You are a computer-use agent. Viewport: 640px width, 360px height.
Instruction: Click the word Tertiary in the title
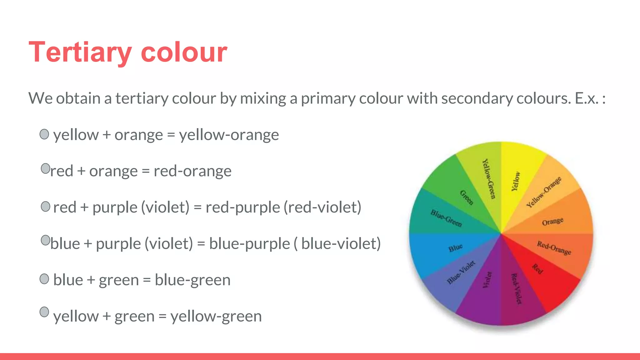[80, 52]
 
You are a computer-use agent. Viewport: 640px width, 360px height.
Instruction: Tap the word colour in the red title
[184, 52]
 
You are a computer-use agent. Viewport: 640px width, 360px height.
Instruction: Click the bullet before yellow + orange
[44, 134]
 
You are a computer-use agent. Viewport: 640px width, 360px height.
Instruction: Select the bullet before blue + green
[44, 279]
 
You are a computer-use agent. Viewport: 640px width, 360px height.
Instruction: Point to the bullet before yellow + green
[44, 312]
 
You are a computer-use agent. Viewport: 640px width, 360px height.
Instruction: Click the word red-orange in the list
[192, 171]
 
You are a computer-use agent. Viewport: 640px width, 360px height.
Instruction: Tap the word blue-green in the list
[192, 280]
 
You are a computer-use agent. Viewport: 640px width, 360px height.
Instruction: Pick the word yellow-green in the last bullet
[216, 316]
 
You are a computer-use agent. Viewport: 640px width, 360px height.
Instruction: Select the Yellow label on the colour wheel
[516, 181]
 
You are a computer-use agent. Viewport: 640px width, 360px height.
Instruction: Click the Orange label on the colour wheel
[552, 222]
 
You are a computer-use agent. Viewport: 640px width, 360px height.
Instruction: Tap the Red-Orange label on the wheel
[554, 248]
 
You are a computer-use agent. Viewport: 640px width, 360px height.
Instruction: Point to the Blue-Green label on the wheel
[446, 218]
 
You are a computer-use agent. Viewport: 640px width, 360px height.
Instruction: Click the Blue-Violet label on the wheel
[461, 272]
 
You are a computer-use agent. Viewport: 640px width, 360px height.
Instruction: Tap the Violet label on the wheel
[487, 280]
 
